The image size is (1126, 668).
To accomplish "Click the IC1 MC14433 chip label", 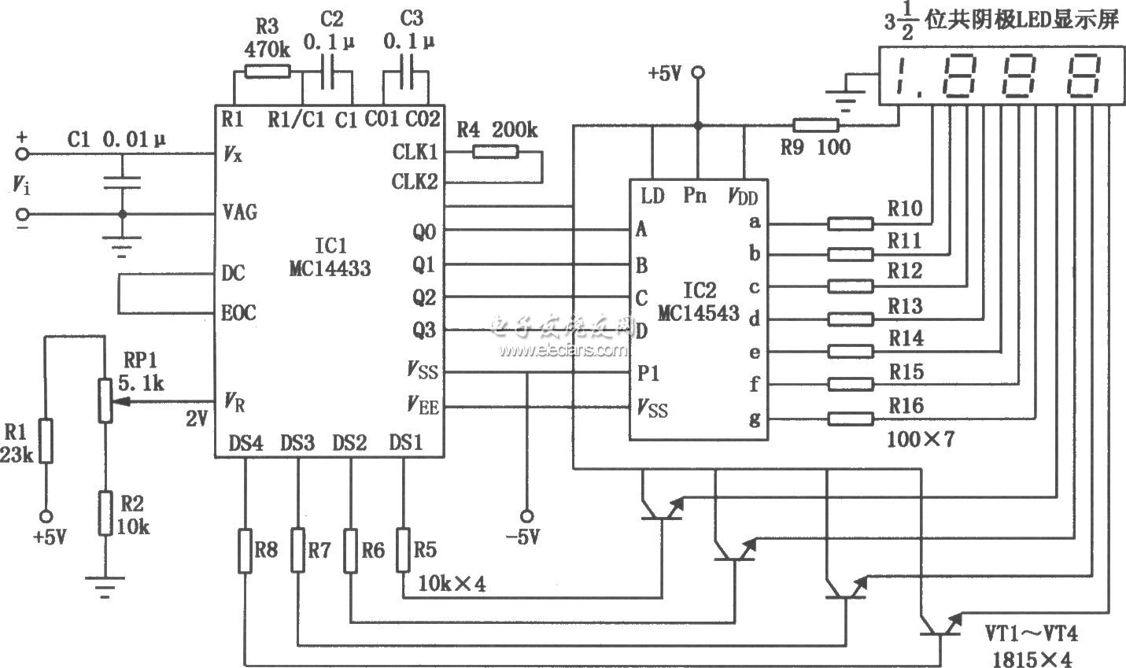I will tap(329, 256).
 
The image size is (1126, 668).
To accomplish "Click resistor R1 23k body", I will tap(46, 441).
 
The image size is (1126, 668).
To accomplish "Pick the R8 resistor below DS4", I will tap(246, 550).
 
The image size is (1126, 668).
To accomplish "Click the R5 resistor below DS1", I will tap(404, 550).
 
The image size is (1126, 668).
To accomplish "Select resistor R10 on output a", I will tap(850, 224).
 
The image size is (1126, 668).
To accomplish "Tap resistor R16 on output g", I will tap(850, 417).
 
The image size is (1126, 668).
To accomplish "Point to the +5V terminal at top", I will tap(696, 74).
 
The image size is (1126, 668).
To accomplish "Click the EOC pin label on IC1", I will tap(238, 312).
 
